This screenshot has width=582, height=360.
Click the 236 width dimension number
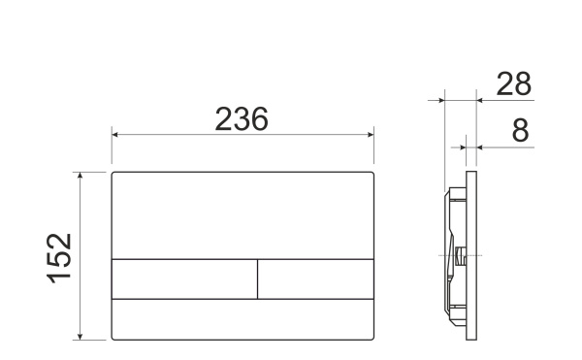(241, 119)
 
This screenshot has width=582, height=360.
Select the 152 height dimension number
(60, 255)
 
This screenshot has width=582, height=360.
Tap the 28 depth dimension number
(513, 84)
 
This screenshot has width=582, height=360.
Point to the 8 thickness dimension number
(520, 130)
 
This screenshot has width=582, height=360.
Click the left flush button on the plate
(184, 278)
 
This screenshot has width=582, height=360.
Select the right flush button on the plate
(316, 278)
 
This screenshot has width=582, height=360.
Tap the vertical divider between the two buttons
(257, 278)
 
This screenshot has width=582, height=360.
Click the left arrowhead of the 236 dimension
(115, 135)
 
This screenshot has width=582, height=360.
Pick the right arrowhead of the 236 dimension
(372, 135)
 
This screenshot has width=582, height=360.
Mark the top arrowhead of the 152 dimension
(81, 176)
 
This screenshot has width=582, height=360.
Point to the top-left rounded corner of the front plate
(114, 175)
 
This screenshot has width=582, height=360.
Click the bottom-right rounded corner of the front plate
(373, 337)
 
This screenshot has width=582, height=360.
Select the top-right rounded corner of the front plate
(373, 175)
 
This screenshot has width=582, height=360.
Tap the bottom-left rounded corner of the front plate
(114, 337)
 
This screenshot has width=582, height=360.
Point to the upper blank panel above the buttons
(243, 215)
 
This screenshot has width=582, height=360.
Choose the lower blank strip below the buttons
(243, 318)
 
